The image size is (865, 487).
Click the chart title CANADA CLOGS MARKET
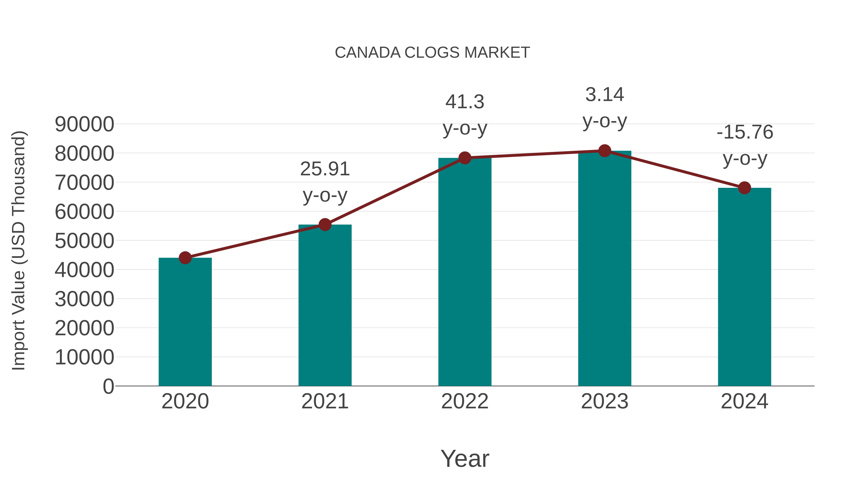(432, 53)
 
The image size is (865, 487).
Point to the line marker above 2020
(185, 258)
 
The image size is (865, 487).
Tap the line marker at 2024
(744, 188)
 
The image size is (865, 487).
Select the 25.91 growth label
(325, 169)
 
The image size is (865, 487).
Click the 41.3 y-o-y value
(465, 101)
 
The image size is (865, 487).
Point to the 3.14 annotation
(605, 95)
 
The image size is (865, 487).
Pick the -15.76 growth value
(744, 132)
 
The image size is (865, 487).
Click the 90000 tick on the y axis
(84, 124)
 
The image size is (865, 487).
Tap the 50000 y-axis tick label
(84, 241)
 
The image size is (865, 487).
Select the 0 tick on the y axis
(108, 386)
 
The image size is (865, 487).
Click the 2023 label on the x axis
(605, 401)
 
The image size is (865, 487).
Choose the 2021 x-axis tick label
(325, 401)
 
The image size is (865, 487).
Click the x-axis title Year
(465, 458)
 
